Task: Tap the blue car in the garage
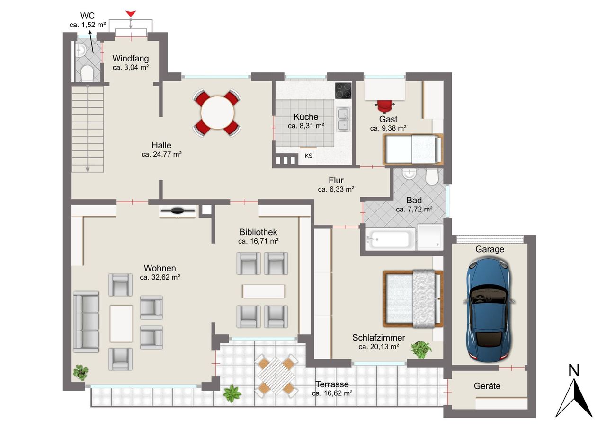point(489,310)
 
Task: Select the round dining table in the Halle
point(217,113)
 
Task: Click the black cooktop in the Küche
point(343,90)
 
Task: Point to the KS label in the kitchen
point(308,156)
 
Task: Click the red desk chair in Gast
point(385,106)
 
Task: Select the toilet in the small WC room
point(87,73)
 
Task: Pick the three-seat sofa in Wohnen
point(86,322)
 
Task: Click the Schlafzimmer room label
point(378,338)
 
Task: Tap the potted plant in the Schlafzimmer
point(421,349)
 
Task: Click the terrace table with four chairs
point(276,376)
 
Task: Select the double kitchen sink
point(343,120)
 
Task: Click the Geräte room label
point(487,386)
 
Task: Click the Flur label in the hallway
point(336,180)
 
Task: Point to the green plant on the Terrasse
point(232,393)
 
